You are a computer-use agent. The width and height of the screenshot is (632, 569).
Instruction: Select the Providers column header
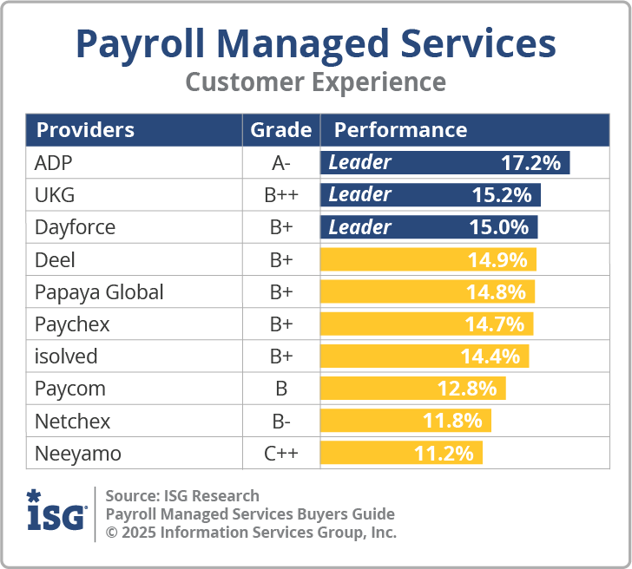(85, 130)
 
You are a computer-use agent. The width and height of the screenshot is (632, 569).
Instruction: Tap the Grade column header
(280, 130)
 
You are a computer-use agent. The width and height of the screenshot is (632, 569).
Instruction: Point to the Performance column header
(400, 130)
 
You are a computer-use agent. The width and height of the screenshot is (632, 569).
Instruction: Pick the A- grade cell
(280, 162)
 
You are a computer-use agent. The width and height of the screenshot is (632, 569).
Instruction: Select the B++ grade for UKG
(280, 195)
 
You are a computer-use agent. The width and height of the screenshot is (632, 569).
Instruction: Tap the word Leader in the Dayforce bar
(359, 227)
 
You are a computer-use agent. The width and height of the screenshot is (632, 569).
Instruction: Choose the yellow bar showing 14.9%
(428, 259)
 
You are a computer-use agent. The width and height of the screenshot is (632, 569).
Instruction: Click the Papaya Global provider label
(99, 292)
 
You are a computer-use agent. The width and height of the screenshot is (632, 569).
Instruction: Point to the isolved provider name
(66, 356)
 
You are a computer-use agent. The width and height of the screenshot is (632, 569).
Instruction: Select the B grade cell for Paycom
(280, 389)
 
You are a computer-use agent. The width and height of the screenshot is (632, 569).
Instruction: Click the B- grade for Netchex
(280, 422)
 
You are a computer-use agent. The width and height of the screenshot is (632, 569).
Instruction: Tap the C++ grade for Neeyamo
(280, 454)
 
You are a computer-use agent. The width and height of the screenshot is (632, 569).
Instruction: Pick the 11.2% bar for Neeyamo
(401, 454)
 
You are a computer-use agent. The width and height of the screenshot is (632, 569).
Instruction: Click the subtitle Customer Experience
(316, 82)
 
